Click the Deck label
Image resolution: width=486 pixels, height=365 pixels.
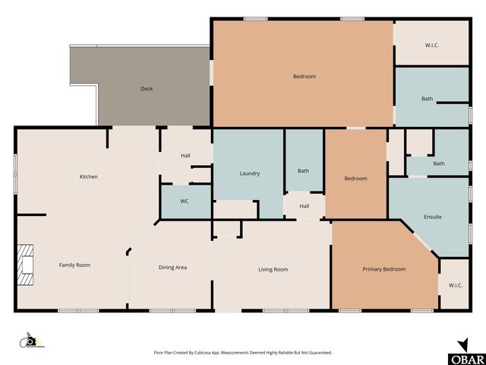[x=147, y=89]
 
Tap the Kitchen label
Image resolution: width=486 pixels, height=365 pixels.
[x=89, y=177]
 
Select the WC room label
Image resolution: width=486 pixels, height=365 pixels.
[x=185, y=202]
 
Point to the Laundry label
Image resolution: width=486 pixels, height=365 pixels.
[x=250, y=173]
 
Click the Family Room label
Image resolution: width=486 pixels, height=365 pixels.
[x=75, y=265]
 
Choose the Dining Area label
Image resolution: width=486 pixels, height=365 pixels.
[x=172, y=268]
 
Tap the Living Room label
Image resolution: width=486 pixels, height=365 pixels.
[x=273, y=269]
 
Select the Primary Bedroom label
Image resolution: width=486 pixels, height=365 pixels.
[x=383, y=269]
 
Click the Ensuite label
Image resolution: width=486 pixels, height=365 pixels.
[x=433, y=217]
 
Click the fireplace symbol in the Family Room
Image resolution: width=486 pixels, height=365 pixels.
[x=25, y=265]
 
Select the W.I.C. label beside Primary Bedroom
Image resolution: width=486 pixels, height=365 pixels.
[x=456, y=286]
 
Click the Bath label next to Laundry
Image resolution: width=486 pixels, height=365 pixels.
[x=303, y=171]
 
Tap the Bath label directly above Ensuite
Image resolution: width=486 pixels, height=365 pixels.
[x=439, y=163]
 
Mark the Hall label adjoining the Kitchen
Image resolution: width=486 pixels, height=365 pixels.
[x=185, y=156]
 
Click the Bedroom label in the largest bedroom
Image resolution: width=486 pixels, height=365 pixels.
[x=304, y=77]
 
